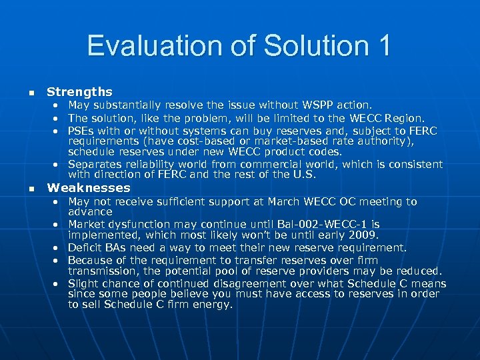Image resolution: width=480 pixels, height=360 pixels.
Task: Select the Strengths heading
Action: [79, 92]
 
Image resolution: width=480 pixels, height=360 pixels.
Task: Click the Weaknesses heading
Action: [89, 188]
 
